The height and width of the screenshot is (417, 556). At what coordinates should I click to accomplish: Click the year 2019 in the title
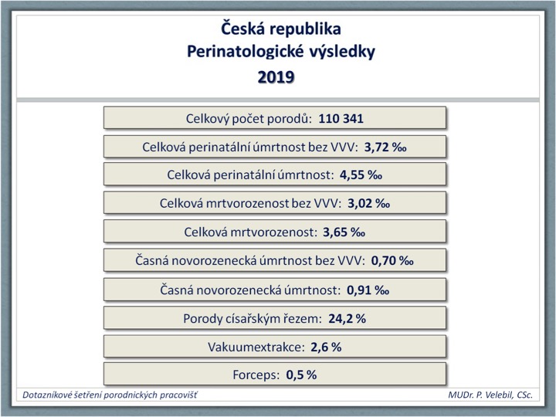point(276,77)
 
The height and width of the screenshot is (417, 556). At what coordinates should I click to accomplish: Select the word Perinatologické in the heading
point(246,52)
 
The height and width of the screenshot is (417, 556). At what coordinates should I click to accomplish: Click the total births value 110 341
point(341,118)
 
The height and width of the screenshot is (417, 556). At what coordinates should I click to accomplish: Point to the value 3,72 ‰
point(385,147)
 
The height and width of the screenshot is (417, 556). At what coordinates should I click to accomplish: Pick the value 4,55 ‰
point(361,175)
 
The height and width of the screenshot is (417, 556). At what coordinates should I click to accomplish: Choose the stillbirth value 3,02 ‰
point(369,204)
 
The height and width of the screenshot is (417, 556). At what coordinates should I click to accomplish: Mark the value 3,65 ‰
point(344,232)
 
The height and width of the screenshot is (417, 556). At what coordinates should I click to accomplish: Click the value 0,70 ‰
point(392,261)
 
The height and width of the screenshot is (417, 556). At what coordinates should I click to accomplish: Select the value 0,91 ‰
point(368,290)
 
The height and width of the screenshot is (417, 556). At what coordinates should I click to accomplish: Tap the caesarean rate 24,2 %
point(347,318)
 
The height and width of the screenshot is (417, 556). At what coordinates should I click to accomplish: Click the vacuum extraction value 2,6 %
point(326,347)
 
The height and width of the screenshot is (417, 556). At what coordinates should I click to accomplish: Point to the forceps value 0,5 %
point(301,375)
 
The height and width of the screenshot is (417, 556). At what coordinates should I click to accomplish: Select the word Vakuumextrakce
point(256,347)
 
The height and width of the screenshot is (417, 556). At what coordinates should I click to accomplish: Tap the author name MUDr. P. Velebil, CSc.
point(490,395)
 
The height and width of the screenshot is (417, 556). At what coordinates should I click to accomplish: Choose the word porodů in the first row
point(289,119)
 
